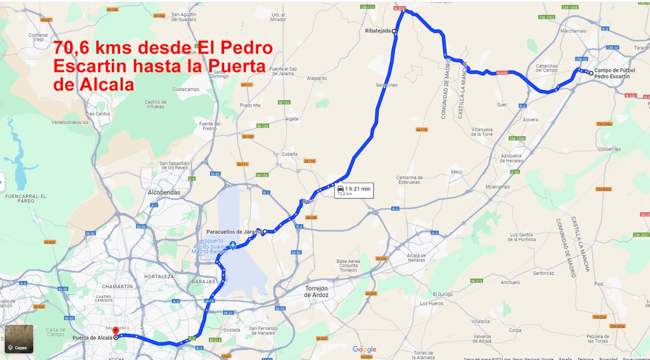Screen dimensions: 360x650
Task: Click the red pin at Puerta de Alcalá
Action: [x=116, y=331]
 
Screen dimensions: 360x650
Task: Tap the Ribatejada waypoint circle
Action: [x=394, y=31]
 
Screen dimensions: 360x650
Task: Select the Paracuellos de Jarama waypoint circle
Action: [x=265, y=232]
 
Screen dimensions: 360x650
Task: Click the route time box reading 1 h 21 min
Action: [x=354, y=190]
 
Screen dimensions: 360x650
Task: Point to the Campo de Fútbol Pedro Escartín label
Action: [x=614, y=73]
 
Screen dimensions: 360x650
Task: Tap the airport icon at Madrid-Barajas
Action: [x=232, y=245]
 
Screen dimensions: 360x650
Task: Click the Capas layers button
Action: [x=19, y=339]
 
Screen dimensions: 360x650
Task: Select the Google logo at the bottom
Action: [x=364, y=349]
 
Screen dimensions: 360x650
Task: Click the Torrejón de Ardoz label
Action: [x=316, y=291]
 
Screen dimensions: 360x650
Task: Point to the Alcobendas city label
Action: [x=164, y=193]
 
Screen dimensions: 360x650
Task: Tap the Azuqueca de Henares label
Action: [x=511, y=158]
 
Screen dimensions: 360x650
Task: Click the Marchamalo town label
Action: [x=573, y=31]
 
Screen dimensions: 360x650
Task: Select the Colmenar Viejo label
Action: [x=38, y=37]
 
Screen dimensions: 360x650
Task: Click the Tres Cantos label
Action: [x=97, y=114]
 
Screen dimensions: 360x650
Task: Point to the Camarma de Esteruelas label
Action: [x=409, y=180]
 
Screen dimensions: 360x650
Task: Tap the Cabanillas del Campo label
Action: [x=546, y=68]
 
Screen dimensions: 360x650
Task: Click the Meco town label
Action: [x=457, y=172]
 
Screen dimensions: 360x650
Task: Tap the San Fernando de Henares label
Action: [x=263, y=331]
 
